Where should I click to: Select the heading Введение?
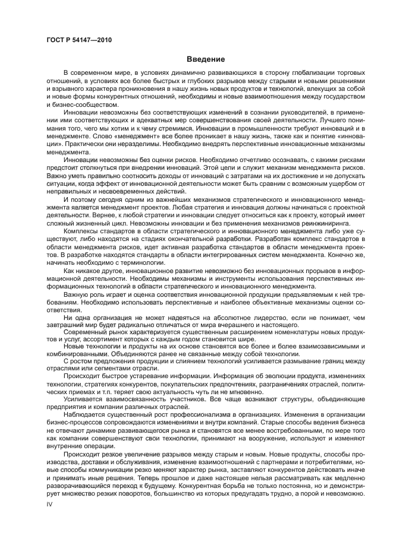point(206,59)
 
